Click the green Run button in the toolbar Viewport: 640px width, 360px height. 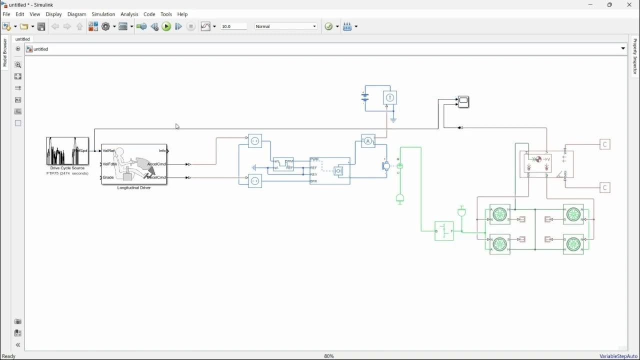tap(166, 26)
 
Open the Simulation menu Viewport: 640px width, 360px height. tap(103, 14)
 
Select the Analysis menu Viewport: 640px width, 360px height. tap(129, 14)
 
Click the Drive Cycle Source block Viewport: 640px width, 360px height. tap(67, 151)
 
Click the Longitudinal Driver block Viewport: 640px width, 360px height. tap(134, 164)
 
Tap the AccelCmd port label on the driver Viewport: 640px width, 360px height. tap(156, 164)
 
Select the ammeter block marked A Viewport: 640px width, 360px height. tap(368, 141)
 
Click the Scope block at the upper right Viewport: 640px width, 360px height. tap(463, 101)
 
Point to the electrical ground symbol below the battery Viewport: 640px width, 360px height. tap(393, 120)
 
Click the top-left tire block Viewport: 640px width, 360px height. tap(499, 214)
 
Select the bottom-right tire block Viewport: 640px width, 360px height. tap(573, 244)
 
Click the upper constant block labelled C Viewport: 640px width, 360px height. tap(605, 144)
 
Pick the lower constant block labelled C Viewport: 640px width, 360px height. tap(605, 188)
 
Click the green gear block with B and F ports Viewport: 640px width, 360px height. tap(444, 231)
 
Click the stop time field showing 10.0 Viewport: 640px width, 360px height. tap(233, 26)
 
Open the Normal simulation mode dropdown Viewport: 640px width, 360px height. tap(286, 26)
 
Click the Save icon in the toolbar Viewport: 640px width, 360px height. tap(41, 26)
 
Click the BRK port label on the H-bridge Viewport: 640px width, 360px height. tap(314, 181)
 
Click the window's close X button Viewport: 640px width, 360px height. tap(629, 5)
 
